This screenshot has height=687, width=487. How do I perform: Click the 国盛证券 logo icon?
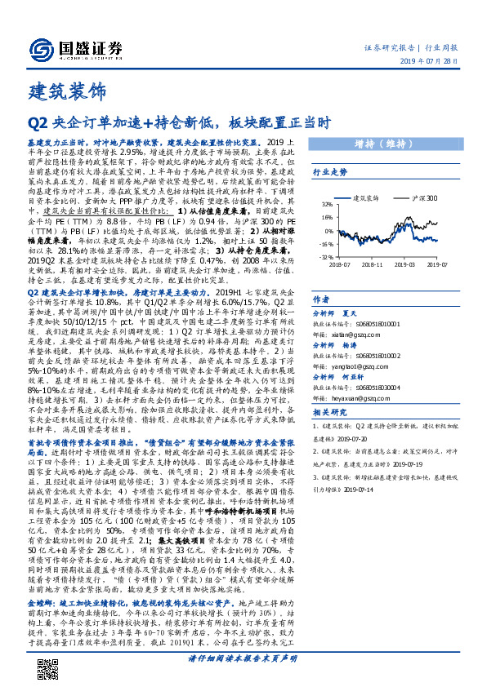pos(39,48)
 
